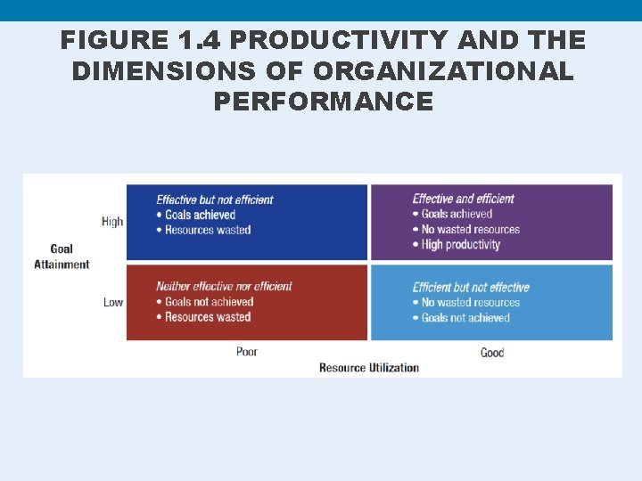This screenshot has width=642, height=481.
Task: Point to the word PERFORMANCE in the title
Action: tap(323, 102)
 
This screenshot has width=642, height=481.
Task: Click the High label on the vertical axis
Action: tap(112, 222)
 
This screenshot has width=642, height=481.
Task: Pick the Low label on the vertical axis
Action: tap(113, 302)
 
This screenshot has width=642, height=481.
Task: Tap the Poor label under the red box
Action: tap(247, 352)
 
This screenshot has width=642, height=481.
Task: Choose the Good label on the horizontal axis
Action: tap(492, 353)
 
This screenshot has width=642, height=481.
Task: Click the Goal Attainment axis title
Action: tap(62, 257)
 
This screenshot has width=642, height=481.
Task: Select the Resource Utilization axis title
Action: tap(368, 368)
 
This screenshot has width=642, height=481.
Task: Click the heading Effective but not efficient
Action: tap(215, 200)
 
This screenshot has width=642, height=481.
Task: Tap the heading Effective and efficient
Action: tap(464, 199)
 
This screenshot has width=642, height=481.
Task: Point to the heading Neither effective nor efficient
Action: tap(224, 287)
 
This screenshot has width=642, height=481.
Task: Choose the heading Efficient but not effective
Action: tap(471, 287)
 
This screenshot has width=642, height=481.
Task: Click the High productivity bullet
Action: tap(460, 245)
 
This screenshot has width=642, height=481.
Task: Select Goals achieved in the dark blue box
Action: tap(200, 215)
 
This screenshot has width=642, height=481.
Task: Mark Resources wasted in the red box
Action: tap(208, 317)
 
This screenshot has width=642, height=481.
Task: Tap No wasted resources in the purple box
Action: tap(470, 230)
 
